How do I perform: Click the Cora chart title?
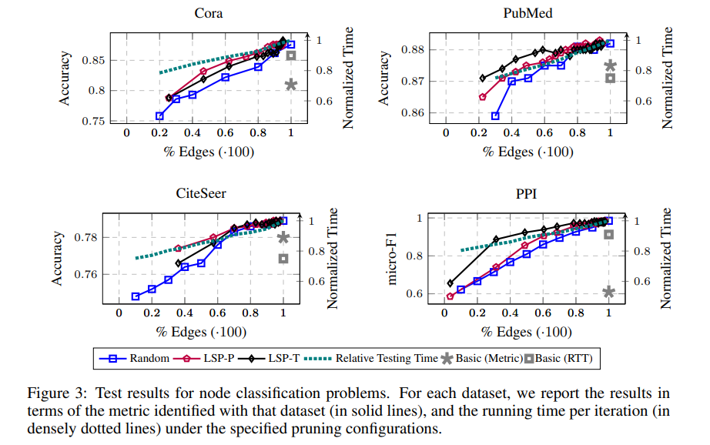click(209, 14)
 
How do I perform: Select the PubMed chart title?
click(528, 14)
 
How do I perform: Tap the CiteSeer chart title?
click(200, 193)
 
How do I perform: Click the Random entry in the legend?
click(141, 357)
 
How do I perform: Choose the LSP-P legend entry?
click(216, 357)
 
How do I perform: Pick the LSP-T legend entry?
click(286, 357)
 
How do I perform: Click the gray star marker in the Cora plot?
click(290, 84)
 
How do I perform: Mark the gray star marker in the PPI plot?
click(608, 292)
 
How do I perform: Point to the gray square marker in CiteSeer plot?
click(283, 259)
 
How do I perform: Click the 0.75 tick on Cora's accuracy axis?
click(95, 121)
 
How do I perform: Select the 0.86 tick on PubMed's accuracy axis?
click(414, 112)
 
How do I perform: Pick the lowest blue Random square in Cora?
click(159, 115)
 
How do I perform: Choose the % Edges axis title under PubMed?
click(527, 152)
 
